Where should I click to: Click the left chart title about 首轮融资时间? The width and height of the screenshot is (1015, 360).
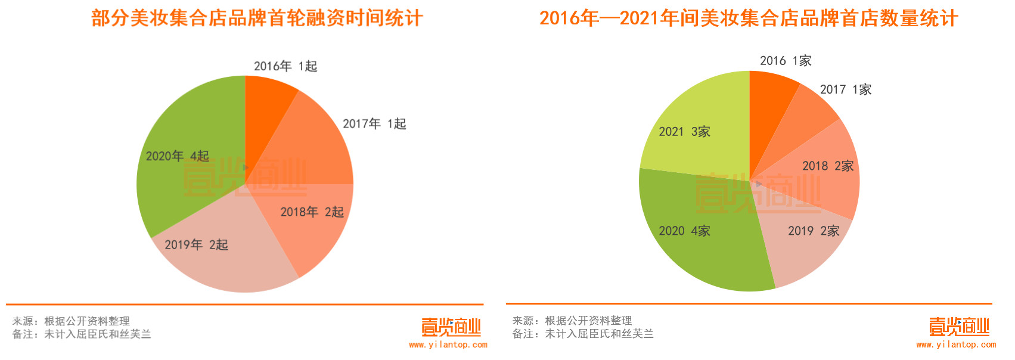pos(257,18)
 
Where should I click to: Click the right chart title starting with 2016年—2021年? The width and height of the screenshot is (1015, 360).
pos(749,18)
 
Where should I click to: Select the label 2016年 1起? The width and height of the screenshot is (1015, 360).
pos(285,66)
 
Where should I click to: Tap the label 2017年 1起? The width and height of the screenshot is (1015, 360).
pos(374,124)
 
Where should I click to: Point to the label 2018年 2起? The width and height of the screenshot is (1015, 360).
pos(312,212)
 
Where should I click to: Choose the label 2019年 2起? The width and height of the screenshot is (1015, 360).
pos(196,245)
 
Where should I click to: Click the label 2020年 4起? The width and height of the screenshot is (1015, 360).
pos(178,156)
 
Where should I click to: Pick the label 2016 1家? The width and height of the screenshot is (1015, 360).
pos(786,61)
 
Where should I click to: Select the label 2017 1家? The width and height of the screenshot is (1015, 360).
pos(846,89)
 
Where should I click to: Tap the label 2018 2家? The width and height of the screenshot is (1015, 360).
pos(828,166)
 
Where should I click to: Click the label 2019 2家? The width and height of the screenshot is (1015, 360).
pos(814,231)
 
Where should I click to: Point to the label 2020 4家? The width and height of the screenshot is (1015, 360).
pos(684,231)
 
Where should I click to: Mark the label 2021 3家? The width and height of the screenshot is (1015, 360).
pos(684,132)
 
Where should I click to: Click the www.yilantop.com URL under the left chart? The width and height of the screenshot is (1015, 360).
pos(448,345)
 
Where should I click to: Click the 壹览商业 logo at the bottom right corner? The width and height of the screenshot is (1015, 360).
pos(959,327)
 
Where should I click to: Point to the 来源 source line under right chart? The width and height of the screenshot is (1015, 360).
pos(572,321)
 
